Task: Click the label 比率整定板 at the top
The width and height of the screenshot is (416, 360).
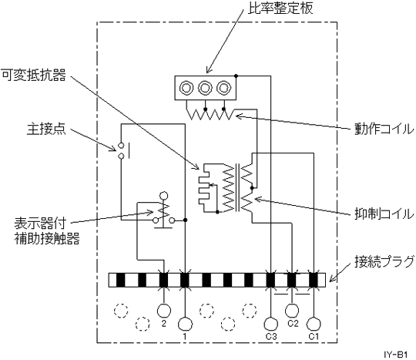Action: (280, 8)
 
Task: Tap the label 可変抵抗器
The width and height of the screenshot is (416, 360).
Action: (33, 75)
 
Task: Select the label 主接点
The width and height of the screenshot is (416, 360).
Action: (46, 130)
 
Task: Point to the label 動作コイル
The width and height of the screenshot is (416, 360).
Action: (384, 130)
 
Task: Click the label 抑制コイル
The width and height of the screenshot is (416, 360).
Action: (384, 214)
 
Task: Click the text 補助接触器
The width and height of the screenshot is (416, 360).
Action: (47, 239)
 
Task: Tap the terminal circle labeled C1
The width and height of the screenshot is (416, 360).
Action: (314, 325)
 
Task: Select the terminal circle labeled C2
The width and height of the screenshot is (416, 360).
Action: (292, 311)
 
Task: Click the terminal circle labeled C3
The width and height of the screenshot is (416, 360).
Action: (271, 325)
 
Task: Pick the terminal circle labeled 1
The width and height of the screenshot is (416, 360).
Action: (185, 325)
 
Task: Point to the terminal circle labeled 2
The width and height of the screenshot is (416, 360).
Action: (164, 311)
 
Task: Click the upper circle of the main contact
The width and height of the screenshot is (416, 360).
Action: (121, 146)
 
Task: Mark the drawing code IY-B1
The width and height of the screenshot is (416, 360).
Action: (395, 355)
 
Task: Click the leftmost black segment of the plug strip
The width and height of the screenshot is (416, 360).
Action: (121, 280)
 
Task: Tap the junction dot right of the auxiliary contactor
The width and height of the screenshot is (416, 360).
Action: (186, 220)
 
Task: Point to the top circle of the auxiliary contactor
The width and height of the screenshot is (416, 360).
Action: (163, 197)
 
